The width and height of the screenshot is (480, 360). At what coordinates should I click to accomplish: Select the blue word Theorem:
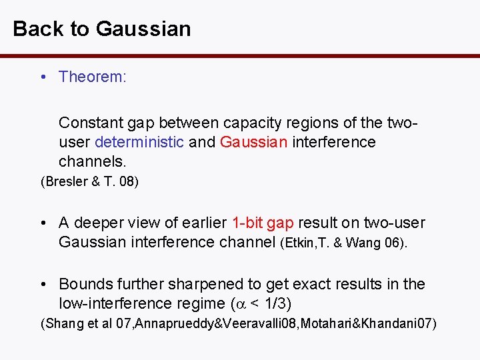coord(92,77)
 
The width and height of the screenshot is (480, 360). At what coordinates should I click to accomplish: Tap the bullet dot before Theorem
coord(43,77)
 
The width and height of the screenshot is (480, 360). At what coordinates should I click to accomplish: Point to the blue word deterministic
coord(139,142)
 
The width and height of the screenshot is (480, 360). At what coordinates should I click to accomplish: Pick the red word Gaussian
coord(253,142)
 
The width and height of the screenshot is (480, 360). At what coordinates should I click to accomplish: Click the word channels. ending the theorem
coord(92,161)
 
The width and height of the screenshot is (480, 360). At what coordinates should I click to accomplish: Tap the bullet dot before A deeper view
coord(43,223)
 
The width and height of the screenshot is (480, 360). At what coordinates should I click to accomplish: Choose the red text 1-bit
coord(247,223)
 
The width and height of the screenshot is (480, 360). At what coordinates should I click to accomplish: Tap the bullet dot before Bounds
coord(43,285)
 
